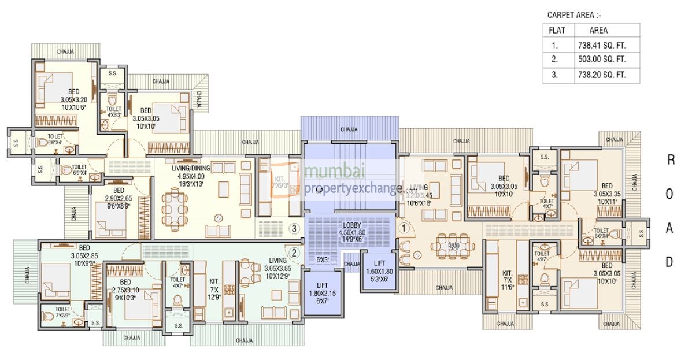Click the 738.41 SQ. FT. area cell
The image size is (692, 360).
coord(606,44)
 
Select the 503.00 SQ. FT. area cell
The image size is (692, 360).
coord(606,60)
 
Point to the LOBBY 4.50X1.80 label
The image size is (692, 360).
coord(351,229)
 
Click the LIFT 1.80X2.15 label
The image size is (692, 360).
coord(323,294)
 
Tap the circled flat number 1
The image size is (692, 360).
coord(404,228)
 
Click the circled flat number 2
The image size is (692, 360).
coord(294,252)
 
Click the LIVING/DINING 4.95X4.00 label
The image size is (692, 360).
coord(183,176)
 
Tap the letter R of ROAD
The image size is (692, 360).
coord(671,161)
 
